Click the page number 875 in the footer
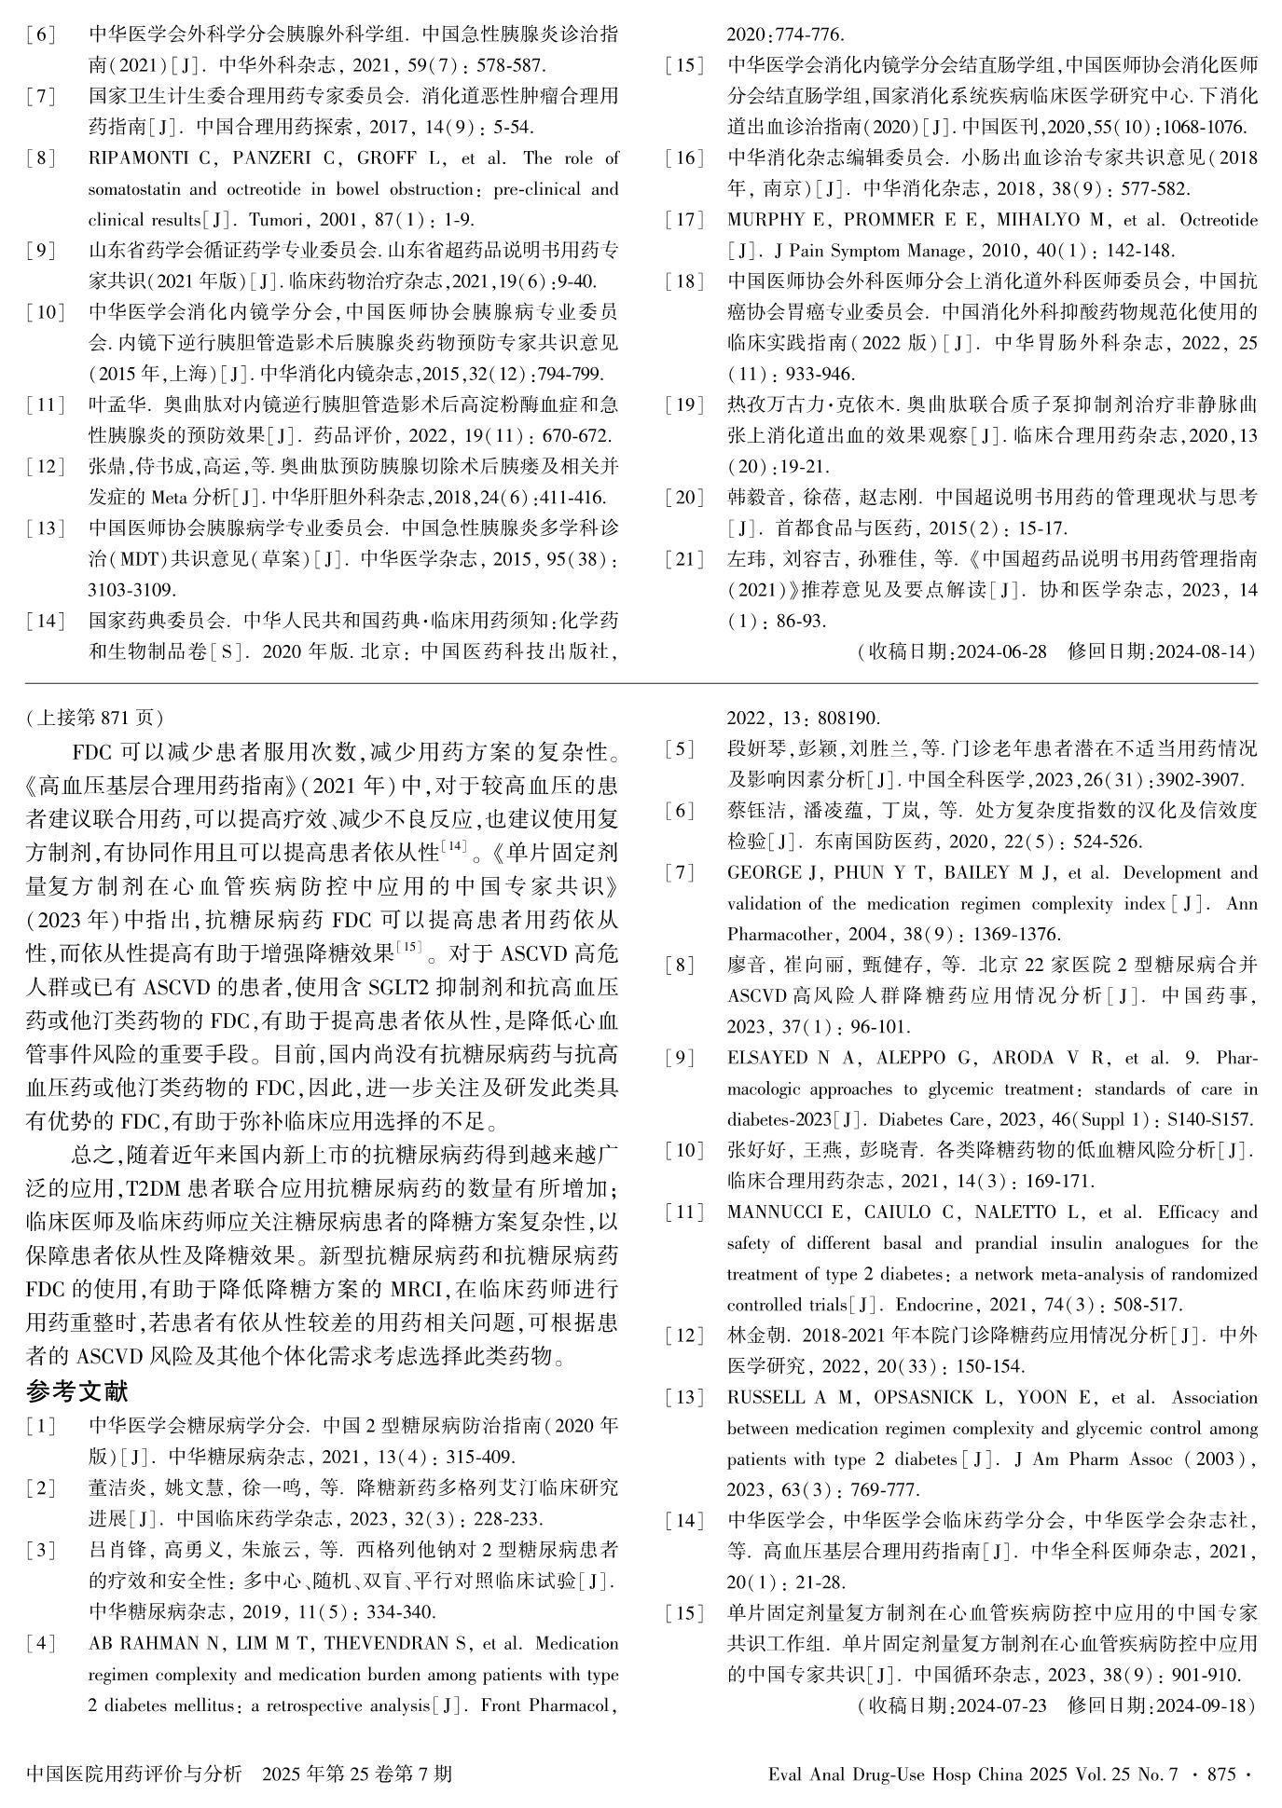1220,1774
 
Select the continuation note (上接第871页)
94,717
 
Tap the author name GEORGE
764,872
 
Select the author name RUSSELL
765,1397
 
